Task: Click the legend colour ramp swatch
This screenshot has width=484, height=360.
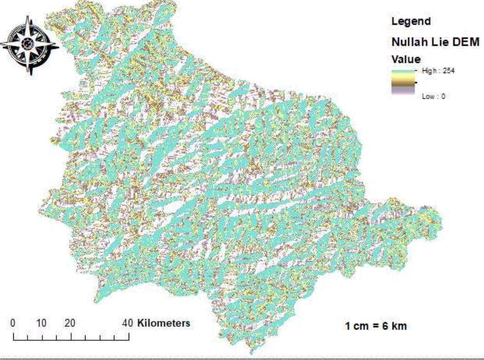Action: pos(403,83)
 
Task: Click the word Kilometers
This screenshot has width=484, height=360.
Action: pos(164,323)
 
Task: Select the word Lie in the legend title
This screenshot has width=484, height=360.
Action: pos(438,42)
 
